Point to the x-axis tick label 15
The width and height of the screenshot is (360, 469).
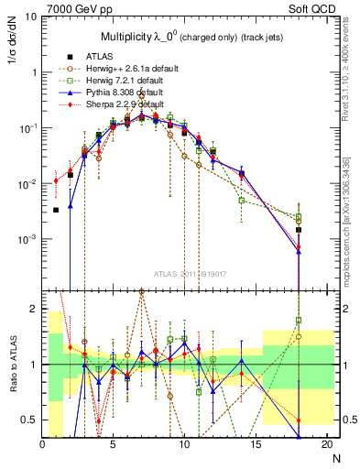click(x=256, y=444)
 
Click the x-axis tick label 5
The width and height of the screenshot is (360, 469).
click(x=113, y=444)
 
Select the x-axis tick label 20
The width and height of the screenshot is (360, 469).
click(x=326, y=444)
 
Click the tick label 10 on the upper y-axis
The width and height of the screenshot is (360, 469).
click(x=31, y=17)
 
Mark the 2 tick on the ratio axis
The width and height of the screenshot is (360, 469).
click(x=34, y=309)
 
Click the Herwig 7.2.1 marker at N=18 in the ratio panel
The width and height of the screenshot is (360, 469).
click(x=299, y=321)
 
